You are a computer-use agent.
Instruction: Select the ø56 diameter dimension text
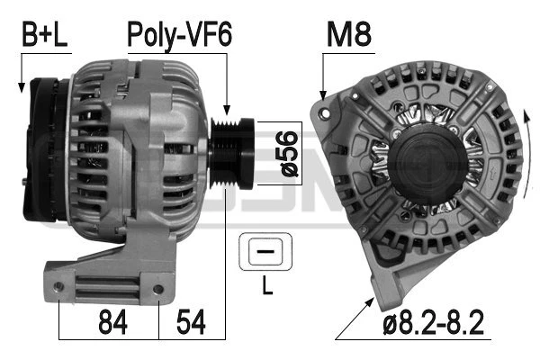(x=287, y=153)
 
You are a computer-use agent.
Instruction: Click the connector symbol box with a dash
(x=265, y=253)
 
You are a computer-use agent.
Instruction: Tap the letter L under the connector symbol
(x=266, y=289)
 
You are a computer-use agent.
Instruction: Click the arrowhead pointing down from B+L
(x=20, y=88)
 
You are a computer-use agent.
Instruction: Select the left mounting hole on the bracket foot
(x=59, y=287)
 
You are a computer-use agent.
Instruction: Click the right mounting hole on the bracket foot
(x=158, y=289)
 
